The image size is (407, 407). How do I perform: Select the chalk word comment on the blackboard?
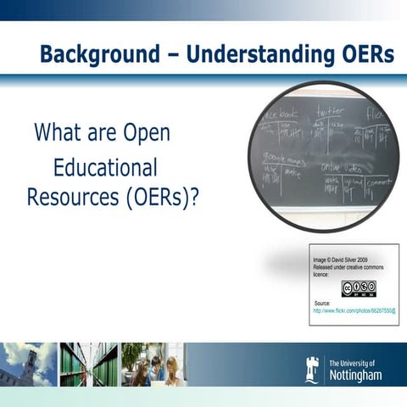coord(379,182)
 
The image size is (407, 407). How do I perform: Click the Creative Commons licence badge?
coord(359,288)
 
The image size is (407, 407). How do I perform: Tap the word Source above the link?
coord(322,303)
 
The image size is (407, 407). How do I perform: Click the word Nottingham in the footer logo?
coord(355,374)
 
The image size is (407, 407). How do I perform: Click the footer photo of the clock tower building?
coord(27,365)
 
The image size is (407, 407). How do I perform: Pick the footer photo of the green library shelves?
coord(88,365)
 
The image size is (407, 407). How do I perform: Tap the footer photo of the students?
coord(153,365)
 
